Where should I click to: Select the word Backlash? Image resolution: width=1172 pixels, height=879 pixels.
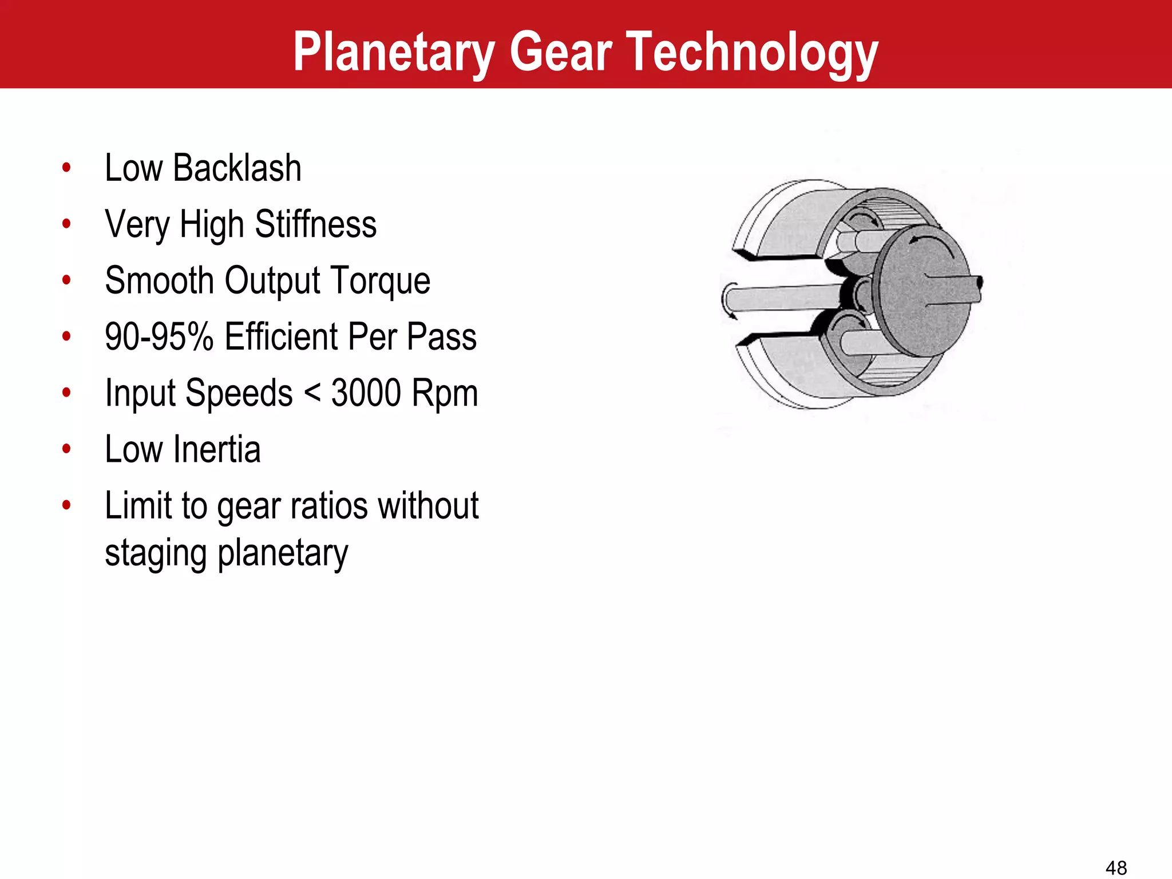coord(237,168)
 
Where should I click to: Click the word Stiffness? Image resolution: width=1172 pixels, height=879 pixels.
coord(315,224)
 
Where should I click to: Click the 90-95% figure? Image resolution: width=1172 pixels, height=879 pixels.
coord(159,336)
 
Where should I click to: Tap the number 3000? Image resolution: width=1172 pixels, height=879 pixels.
coord(366,393)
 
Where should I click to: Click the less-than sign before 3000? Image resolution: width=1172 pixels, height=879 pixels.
coord(312,394)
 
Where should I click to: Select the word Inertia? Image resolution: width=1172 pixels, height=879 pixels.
coord(217,449)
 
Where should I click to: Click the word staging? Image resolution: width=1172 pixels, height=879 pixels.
coord(155,554)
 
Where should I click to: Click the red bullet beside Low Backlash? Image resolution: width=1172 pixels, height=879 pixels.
coord(67,168)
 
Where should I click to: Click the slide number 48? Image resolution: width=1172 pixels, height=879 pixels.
coord(1116,868)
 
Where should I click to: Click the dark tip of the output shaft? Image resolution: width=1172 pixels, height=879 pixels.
coord(979,283)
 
